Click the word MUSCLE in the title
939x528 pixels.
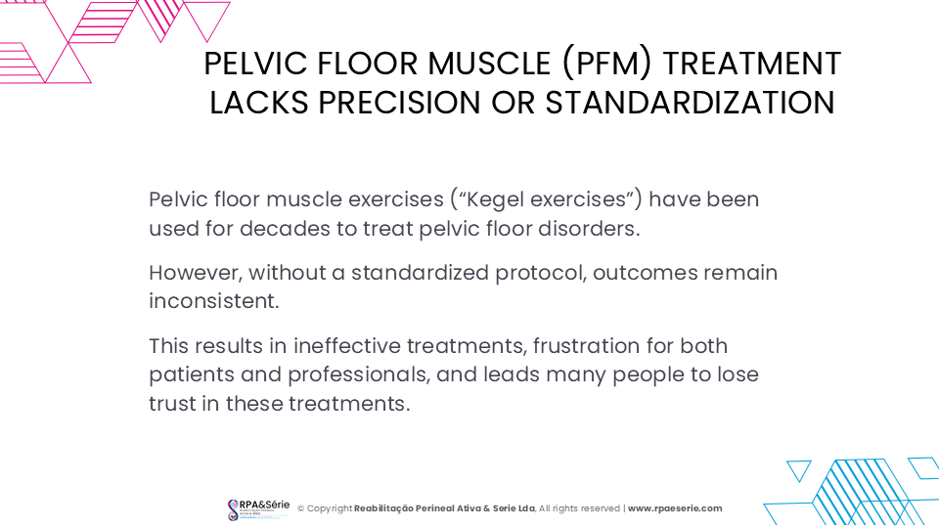[x=489, y=64]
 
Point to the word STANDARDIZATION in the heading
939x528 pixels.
[x=690, y=103]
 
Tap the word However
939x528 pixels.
[x=196, y=273]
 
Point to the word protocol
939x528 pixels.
[x=541, y=274]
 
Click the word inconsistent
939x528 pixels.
[x=214, y=301]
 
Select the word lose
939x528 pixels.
[x=738, y=374]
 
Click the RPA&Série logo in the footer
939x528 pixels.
[x=258, y=509]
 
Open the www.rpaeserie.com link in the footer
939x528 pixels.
[x=675, y=508]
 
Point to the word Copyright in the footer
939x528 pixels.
[x=330, y=508]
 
